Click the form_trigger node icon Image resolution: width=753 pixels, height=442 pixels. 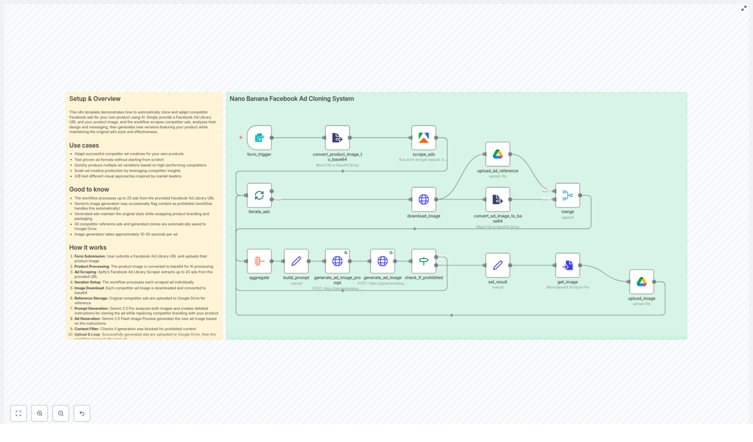click(x=259, y=138)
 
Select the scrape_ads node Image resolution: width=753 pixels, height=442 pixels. click(x=424, y=138)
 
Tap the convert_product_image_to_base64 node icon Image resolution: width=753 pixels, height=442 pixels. click(x=337, y=138)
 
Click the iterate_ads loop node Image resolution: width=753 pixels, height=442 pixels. click(x=259, y=195)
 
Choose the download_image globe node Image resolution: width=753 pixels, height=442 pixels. click(x=424, y=199)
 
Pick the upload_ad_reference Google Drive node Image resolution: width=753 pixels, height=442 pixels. click(x=497, y=154)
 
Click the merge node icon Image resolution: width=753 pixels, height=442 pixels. click(x=568, y=195)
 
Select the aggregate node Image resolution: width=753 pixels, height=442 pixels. click(x=259, y=261)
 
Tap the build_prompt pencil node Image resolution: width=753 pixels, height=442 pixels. click(x=296, y=261)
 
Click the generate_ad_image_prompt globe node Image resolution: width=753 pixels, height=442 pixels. click(x=337, y=261)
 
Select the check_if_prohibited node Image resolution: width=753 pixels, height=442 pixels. click(x=424, y=261)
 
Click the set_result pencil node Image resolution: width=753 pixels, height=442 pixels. click(x=497, y=265)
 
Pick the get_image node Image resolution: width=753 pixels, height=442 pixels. click(x=568, y=265)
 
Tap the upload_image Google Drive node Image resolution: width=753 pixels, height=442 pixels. click(x=641, y=282)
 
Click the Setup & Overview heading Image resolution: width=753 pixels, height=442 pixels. click(x=95, y=99)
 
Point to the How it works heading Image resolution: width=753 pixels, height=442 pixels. click(x=88, y=247)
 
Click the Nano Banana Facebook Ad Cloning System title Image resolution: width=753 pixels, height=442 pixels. click(x=291, y=99)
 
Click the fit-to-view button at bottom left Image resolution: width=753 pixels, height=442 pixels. click(x=18, y=413)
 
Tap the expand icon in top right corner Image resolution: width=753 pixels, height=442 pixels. click(x=744, y=8)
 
